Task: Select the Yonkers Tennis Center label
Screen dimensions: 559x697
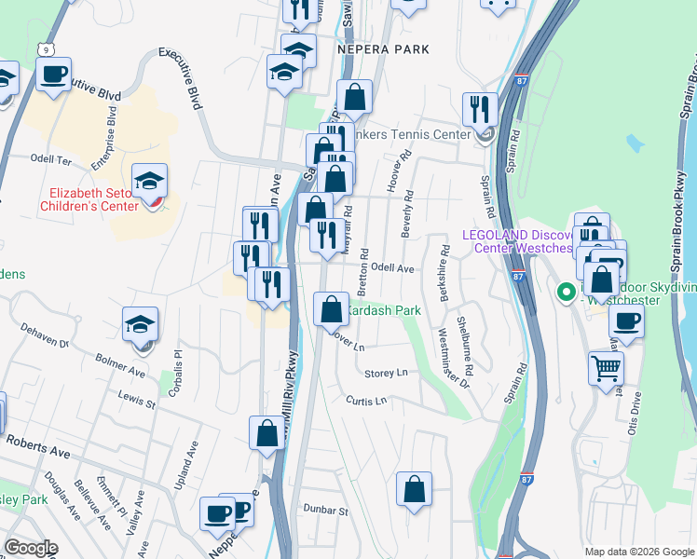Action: pos(410,134)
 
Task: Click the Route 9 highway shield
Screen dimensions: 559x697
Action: pos(45,48)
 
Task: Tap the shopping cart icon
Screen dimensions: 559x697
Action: pos(606,368)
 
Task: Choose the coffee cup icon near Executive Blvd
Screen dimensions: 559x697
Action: pos(53,74)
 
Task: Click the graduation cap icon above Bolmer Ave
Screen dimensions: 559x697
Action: pos(141,324)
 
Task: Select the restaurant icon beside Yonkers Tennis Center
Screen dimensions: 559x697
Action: pos(479,108)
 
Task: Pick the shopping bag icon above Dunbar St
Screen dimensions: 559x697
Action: pos(414,487)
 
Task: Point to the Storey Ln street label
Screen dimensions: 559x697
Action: pos(386,373)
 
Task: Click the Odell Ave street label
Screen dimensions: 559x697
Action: pos(392,267)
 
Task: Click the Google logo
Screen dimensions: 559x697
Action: pos(31,548)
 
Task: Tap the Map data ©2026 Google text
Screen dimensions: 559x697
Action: pos(638,552)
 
